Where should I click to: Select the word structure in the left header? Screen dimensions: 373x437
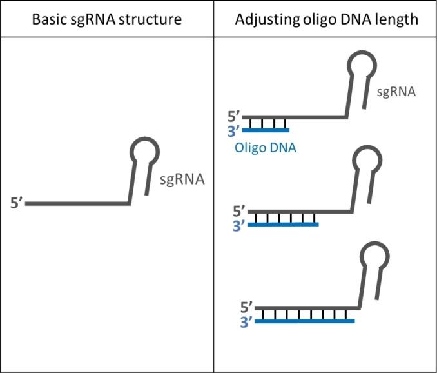point(150,19)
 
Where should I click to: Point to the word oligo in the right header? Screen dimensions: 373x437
point(317,19)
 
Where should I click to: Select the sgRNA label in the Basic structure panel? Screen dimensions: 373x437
point(182,179)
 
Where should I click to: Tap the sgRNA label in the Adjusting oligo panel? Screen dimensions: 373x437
point(396,93)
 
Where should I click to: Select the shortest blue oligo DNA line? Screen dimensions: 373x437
point(266,130)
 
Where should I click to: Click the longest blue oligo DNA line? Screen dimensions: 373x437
point(305,320)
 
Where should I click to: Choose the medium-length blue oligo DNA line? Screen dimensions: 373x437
point(283,225)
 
